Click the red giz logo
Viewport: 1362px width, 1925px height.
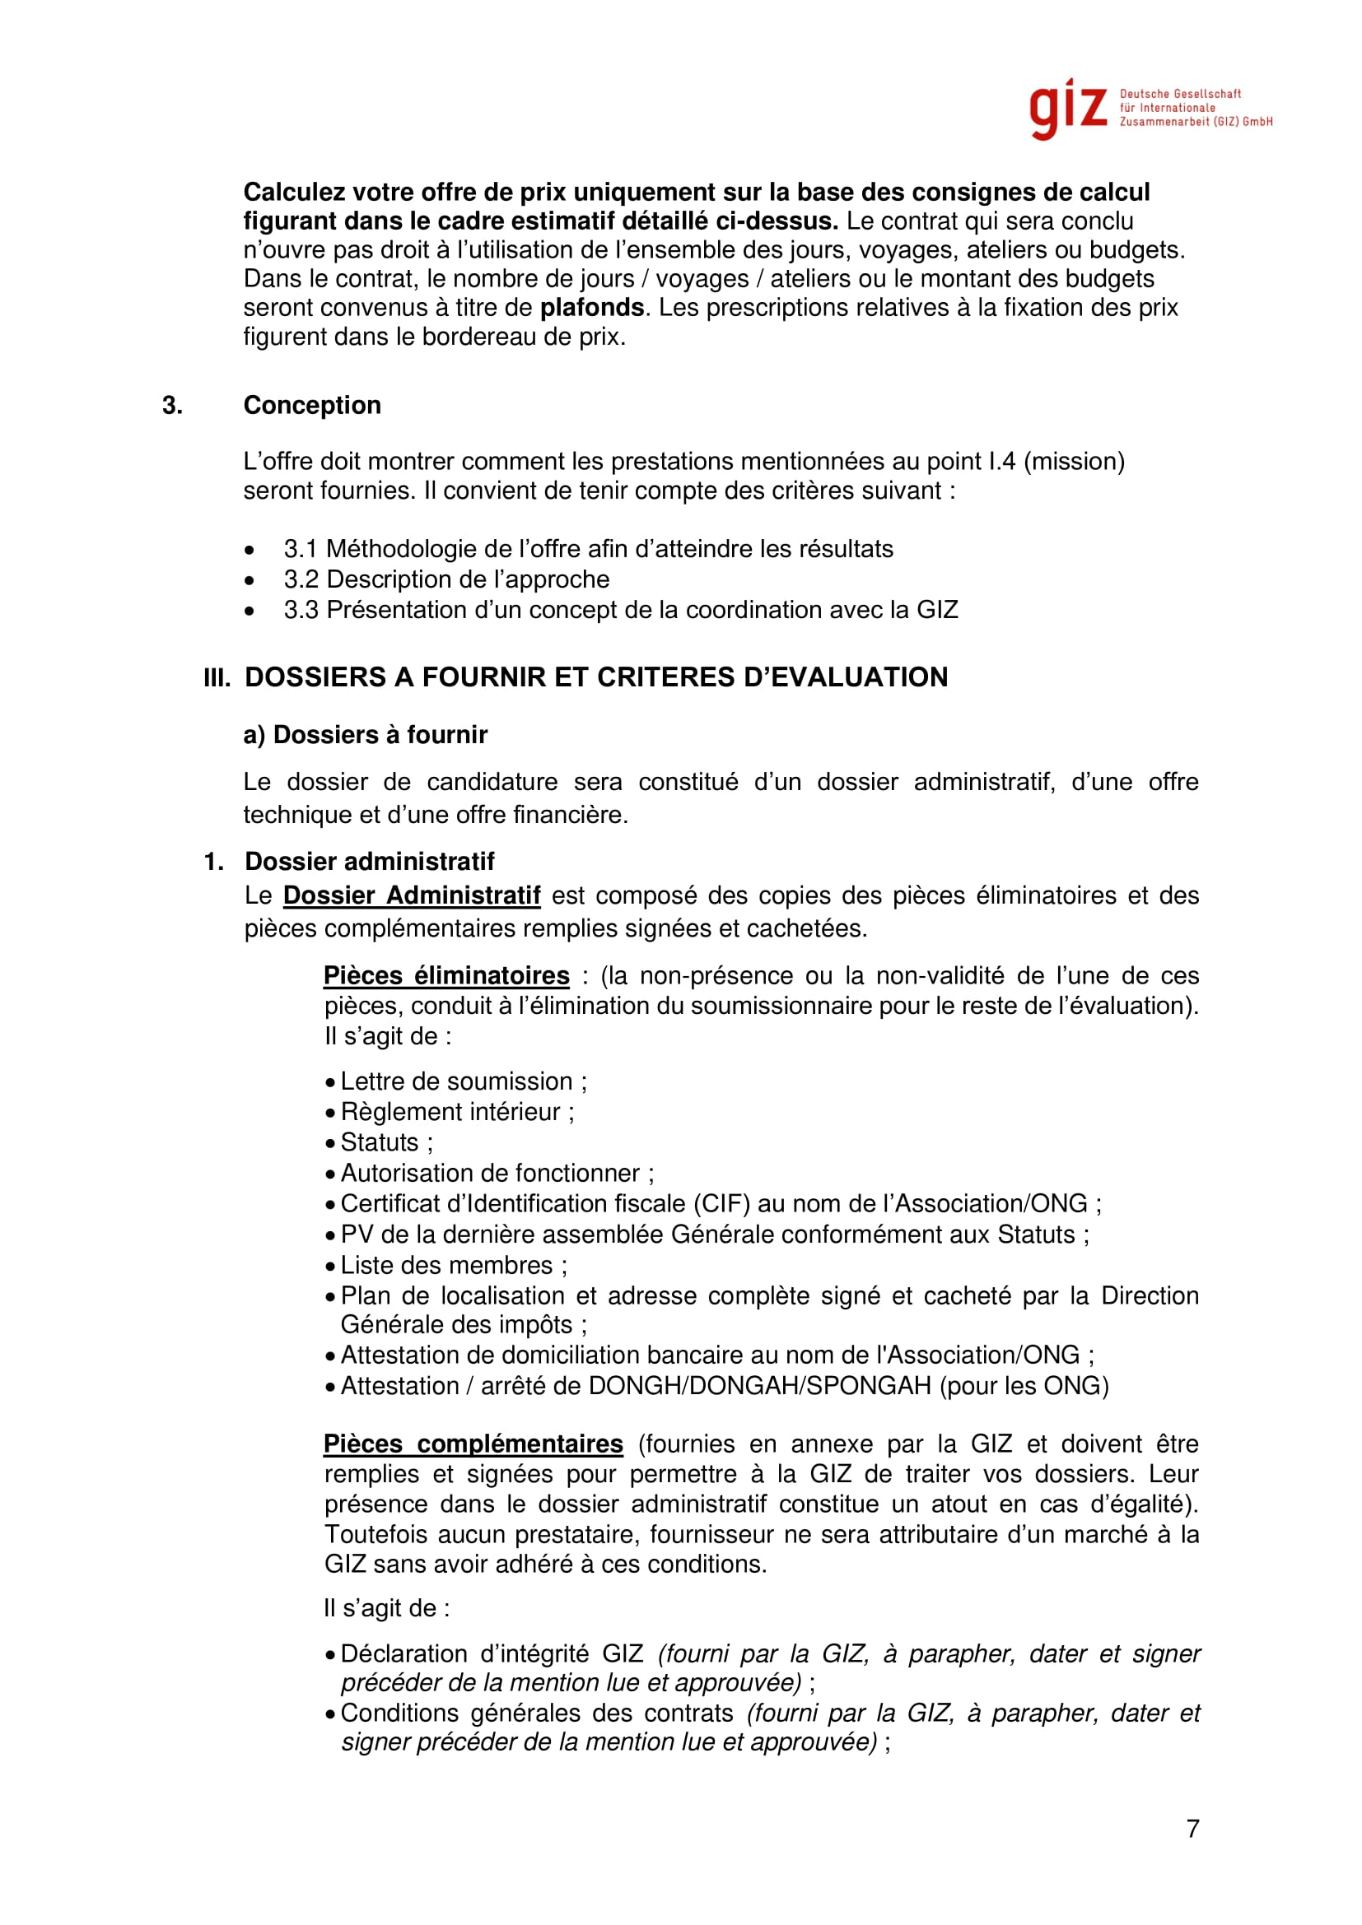(1068, 109)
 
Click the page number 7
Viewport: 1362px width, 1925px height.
(1192, 1828)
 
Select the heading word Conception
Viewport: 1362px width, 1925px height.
(312, 405)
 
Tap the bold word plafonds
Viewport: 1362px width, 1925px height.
(591, 308)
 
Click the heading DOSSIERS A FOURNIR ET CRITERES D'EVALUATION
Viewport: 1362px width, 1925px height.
(595, 677)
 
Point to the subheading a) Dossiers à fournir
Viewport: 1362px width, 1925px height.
(365, 734)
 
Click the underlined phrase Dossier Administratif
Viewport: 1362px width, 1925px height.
(411, 895)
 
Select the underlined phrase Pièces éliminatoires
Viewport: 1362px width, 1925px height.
(446, 976)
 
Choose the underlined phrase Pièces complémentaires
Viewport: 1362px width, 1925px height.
(473, 1444)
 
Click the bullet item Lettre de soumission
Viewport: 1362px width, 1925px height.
(456, 1081)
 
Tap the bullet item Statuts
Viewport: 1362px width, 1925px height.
(380, 1142)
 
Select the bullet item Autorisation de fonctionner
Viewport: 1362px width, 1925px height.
(491, 1173)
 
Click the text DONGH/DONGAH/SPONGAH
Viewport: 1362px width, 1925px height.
(760, 1386)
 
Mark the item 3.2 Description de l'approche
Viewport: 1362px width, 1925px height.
(446, 579)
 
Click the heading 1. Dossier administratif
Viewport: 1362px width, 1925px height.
(369, 861)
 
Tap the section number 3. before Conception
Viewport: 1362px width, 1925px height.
(172, 405)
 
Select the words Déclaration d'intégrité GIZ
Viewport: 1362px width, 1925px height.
(492, 1653)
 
